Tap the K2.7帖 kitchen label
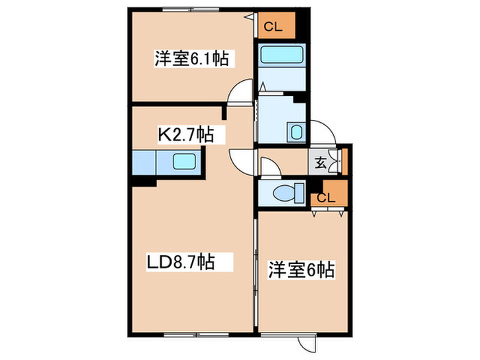pyautogui.click(x=187, y=134)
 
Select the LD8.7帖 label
pyautogui.click(x=180, y=261)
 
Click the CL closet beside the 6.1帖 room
pyautogui.click(x=276, y=27)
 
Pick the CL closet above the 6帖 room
pyautogui.click(x=327, y=197)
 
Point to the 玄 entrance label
pyautogui.click(x=321, y=163)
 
